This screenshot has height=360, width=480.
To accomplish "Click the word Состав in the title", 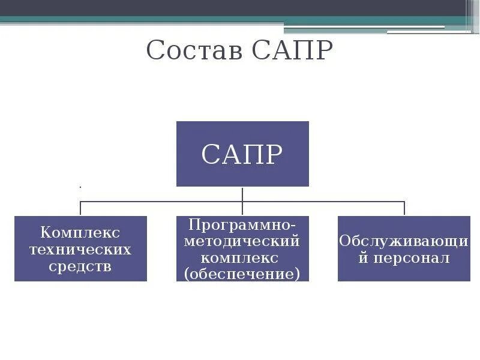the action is coord(196,50).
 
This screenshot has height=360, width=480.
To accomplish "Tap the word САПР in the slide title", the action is coord(292,50).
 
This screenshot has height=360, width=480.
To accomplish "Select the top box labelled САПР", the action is coord(242,154).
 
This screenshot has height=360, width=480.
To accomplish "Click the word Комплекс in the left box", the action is coord(80,232).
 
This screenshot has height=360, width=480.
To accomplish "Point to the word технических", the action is coord(80,249).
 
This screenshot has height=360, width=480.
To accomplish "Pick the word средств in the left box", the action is coord(80,266).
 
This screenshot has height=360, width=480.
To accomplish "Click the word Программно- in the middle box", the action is coord(242,224).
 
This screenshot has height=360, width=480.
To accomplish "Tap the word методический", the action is coord(242,241).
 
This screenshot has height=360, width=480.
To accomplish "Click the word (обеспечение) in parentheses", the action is coord(242,274).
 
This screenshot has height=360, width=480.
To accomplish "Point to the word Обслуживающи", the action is coord(404,241).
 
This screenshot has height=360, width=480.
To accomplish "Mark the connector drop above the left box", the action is coord(80,209).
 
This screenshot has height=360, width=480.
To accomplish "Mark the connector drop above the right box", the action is coord(404,209).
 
